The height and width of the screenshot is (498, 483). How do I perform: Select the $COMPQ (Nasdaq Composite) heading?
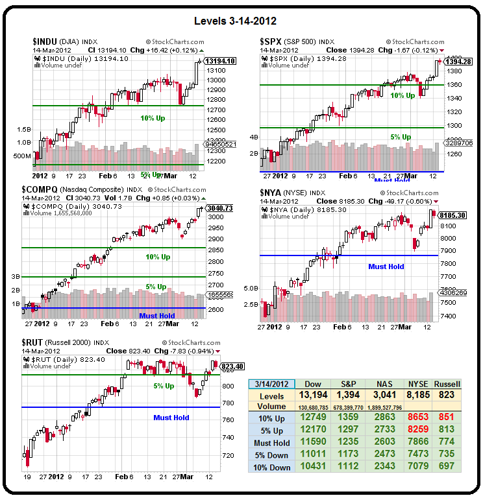65,189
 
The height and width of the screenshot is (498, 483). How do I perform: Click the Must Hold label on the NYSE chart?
386,267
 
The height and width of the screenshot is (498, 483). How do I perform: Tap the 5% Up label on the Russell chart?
164,386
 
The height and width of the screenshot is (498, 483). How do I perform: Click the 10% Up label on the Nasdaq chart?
158,257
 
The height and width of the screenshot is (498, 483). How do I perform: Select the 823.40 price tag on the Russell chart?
232,366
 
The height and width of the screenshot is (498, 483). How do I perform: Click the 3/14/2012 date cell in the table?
271,384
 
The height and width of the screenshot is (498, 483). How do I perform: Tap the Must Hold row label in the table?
271,443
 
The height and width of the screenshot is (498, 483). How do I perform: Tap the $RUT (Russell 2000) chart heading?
55,342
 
